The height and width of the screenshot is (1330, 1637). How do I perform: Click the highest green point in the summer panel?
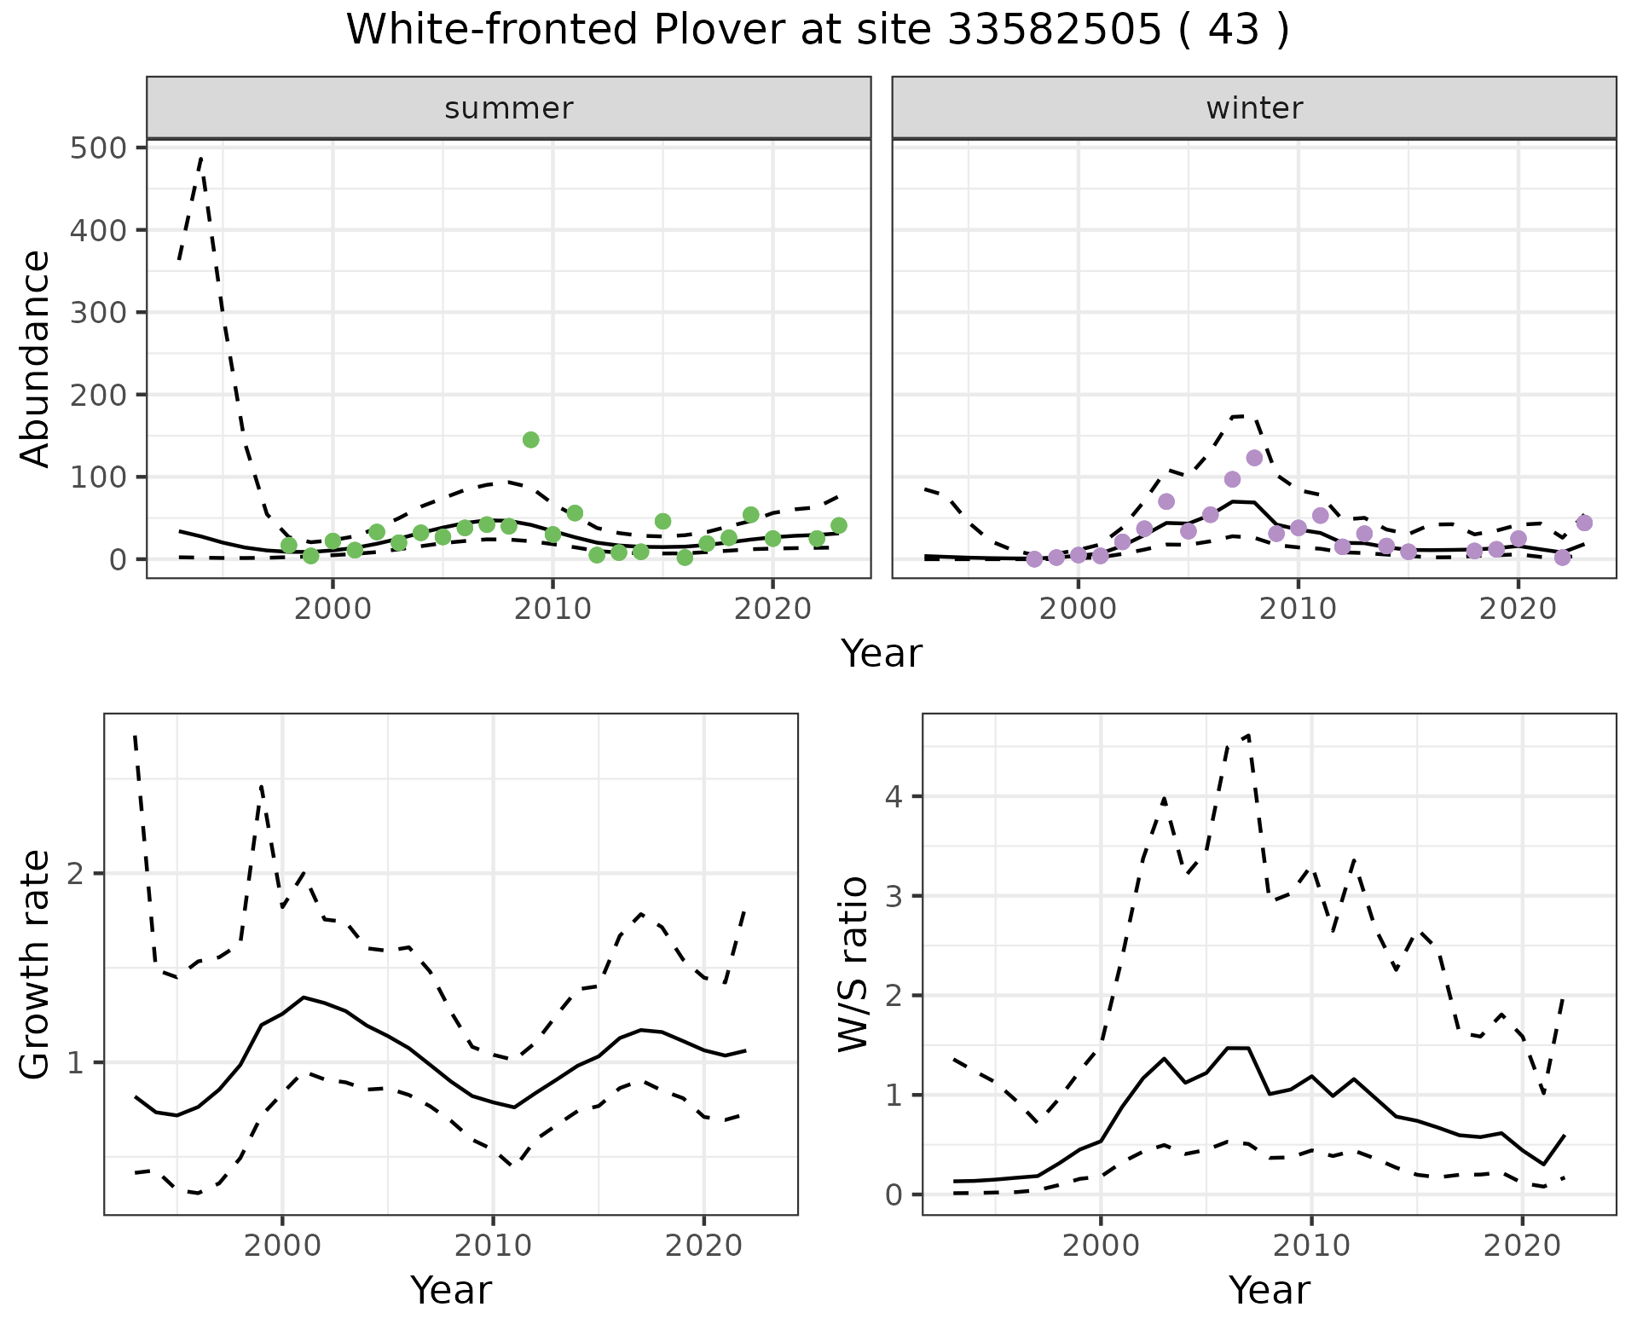(x=530, y=440)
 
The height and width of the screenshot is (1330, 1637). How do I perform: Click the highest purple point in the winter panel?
(x=1254, y=458)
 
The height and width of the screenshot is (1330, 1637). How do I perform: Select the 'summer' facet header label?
(x=509, y=108)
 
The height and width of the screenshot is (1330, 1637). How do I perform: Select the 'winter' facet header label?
(x=1254, y=108)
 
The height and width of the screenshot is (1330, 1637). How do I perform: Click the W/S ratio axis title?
(x=853, y=964)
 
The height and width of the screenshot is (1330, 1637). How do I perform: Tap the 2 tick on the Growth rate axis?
(x=83, y=874)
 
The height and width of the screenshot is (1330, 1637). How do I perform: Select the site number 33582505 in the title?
(x=1054, y=31)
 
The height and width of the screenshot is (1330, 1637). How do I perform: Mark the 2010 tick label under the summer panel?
(x=552, y=609)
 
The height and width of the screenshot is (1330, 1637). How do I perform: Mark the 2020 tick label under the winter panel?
(x=1518, y=609)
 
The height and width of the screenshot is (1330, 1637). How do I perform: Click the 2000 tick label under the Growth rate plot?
(x=282, y=1246)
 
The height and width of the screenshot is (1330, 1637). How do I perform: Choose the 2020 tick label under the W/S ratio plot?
(x=1523, y=1246)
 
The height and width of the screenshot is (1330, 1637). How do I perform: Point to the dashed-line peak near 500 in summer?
(x=200, y=158)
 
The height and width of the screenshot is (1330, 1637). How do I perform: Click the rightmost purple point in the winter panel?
(x=1584, y=523)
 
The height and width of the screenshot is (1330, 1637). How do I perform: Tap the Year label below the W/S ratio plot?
(x=1269, y=1291)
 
